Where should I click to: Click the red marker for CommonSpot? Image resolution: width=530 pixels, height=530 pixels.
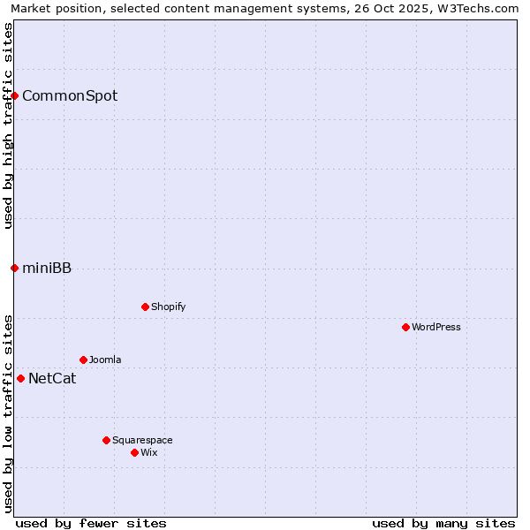click(15, 95)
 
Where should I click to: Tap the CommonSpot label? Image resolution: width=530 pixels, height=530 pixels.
click(70, 95)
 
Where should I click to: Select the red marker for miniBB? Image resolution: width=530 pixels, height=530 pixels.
click(15, 268)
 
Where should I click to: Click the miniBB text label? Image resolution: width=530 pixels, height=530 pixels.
click(47, 269)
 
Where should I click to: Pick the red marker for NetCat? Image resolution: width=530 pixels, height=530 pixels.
click(21, 378)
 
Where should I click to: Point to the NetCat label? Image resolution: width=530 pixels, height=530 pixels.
click(52, 379)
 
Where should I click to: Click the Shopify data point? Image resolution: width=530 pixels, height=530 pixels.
click(145, 307)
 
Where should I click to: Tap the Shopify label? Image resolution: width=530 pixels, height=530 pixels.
click(168, 307)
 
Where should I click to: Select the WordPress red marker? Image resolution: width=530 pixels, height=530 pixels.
click(405, 327)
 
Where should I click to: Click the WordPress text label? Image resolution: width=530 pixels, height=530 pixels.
click(436, 327)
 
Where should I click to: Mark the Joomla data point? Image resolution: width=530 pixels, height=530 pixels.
click(83, 360)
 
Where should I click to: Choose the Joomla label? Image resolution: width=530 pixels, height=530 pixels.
click(105, 360)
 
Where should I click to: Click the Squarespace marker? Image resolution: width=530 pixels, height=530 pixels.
click(106, 440)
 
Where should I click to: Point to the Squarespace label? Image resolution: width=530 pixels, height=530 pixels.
click(142, 440)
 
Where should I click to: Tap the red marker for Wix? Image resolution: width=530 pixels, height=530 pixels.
click(134, 452)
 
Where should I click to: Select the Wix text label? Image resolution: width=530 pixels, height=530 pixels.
click(149, 452)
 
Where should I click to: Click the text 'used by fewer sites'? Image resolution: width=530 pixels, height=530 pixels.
click(91, 523)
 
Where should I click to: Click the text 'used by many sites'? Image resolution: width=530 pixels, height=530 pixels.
click(443, 523)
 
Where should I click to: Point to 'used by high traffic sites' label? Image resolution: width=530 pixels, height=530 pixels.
click(8, 125)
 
